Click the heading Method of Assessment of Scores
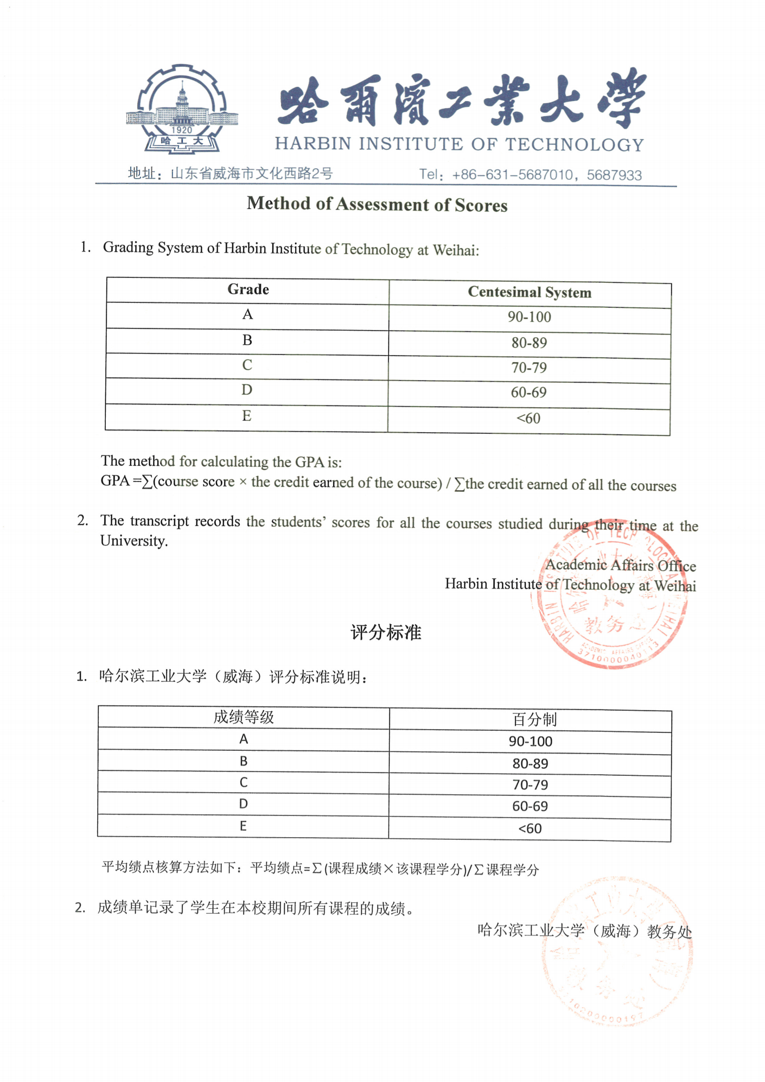(377, 204)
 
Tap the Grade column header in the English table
(248, 289)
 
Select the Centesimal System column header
(530, 293)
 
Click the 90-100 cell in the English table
(530, 317)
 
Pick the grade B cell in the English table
(247, 340)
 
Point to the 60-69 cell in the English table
(529, 393)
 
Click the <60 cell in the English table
(529, 419)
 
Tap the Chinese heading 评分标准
(386, 632)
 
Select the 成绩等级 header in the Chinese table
(244, 717)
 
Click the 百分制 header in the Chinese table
(534, 719)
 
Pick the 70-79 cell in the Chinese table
(530, 785)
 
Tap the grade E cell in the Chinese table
(243, 826)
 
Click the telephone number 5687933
(614, 175)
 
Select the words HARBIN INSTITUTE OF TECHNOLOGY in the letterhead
(459, 144)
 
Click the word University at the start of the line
(134, 541)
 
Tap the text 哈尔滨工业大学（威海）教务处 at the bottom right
(584, 931)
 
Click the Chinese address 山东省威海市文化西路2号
(251, 174)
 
